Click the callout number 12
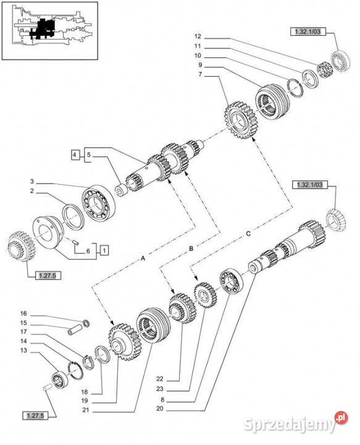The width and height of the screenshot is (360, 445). click(x=198, y=36)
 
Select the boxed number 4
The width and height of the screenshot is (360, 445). click(x=74, y=155)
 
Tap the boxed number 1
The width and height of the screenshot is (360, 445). click(x=104, y=250)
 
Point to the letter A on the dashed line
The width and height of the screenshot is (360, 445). click(x=143, y=258)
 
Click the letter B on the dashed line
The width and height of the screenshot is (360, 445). click(x=191, y=248)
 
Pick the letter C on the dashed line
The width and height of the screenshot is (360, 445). click(x=248, y=234)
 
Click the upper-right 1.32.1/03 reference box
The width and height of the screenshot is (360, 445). click(x=308, y=32)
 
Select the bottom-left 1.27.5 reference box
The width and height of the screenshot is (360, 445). click(x=35, y=416)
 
